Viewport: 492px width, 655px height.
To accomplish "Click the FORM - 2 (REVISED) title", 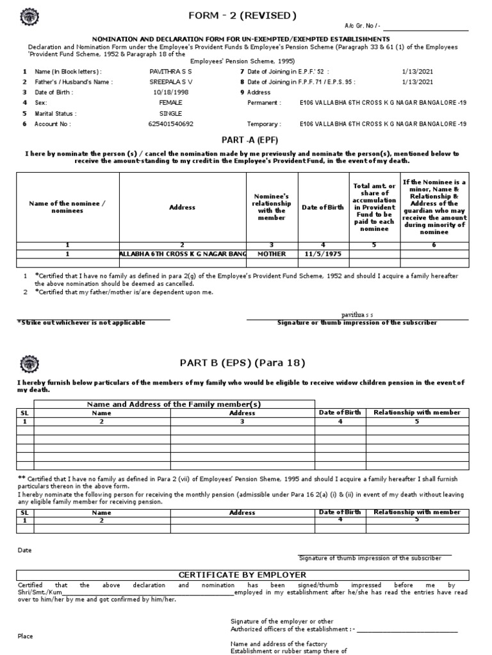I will (243, 15).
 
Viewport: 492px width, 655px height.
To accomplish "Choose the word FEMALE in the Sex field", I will (170, 102).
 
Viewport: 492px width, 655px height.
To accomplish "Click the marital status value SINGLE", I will (170, 113).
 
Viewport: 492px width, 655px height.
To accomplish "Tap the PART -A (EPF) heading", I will (242, 139).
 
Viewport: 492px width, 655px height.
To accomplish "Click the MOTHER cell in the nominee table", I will (272, 254).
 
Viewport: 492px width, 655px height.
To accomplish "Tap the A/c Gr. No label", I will (362, 26).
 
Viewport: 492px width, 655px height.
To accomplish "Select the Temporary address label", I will (264, 123).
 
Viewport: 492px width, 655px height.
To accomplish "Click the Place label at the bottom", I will (25, 636).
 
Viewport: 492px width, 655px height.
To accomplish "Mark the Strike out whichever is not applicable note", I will (81, 323).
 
